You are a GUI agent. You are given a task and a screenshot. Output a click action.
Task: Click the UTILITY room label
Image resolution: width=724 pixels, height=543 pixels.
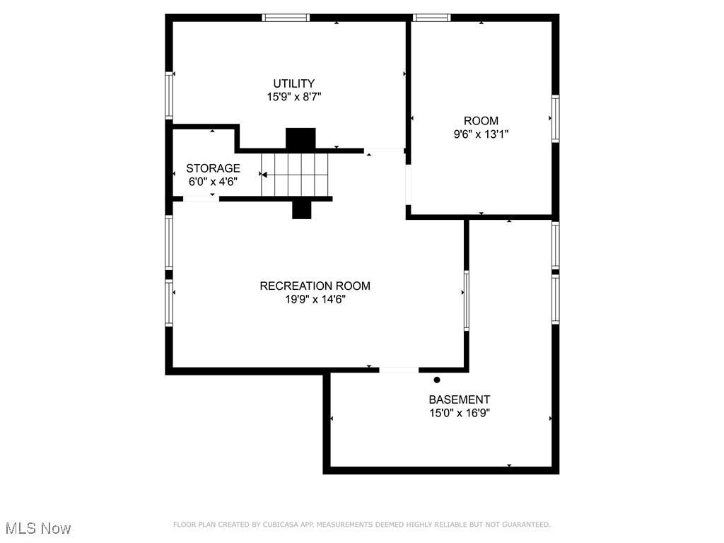294,83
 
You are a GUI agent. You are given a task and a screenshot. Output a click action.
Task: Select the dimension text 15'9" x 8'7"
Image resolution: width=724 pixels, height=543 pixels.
294,97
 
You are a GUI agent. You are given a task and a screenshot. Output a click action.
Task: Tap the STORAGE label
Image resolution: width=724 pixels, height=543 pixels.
213,168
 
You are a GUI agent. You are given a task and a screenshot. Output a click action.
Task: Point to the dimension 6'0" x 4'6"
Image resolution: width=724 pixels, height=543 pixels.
213,181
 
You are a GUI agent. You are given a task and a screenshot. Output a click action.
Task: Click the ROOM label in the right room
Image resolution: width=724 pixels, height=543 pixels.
481,121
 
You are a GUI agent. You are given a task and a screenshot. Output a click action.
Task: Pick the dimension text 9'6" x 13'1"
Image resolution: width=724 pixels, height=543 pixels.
481,134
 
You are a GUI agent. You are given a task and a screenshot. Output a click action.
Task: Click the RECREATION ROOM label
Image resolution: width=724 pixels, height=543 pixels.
315,286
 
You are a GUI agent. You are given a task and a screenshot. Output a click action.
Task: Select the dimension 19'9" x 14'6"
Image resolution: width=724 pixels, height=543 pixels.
315,299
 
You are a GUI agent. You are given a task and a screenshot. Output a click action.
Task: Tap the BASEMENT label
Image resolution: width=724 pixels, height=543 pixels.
459,399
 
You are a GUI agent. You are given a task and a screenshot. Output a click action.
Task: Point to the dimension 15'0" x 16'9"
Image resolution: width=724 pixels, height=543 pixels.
459,413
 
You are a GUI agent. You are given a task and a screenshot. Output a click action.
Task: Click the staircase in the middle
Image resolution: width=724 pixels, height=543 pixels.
295,175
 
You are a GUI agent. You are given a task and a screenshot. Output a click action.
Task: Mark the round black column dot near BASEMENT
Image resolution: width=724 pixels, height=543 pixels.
437,380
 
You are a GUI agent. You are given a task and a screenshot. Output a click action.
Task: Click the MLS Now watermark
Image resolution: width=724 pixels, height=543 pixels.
38,528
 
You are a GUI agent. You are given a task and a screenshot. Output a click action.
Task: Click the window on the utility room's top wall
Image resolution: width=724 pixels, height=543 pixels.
286,18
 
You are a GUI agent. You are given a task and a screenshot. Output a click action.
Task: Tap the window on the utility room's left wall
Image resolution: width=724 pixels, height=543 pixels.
169,95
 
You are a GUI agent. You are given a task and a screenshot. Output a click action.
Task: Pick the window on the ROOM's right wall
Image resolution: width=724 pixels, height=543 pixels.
556,119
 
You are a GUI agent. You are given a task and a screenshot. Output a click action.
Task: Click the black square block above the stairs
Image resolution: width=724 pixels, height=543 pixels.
300,138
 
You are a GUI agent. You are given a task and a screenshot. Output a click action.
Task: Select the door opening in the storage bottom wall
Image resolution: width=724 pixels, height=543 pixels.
201,199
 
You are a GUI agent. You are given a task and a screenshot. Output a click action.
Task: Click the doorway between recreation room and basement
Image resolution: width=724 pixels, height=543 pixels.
399,370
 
